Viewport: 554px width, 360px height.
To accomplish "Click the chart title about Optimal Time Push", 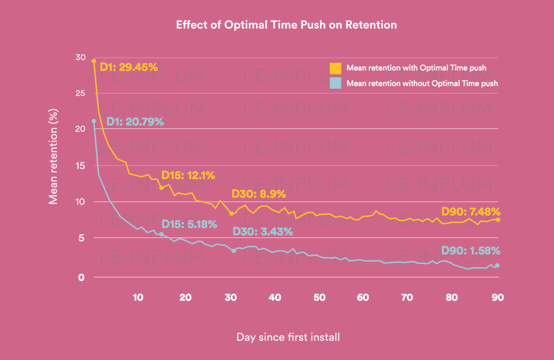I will click(x=286, y=25).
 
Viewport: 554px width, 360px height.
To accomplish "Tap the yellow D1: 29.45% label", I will click(x=129, y=67).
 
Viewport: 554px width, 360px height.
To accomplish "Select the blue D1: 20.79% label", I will click(x=135, y=122).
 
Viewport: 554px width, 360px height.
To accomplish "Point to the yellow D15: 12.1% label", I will click(x=188, y=175).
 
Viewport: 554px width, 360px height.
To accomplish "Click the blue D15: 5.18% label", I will click(x=189, y=224).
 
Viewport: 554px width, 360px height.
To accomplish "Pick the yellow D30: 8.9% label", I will click(x=258, y=194).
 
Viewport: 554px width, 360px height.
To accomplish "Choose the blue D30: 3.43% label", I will click(x=263, y=231).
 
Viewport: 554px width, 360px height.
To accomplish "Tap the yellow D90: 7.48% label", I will click(x=471, y=212).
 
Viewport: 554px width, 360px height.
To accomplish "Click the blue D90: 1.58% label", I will click(x=471, y=251).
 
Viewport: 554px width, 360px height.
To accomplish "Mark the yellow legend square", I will click(x=335, y=68).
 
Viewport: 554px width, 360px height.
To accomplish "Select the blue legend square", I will click(x=335, y=83).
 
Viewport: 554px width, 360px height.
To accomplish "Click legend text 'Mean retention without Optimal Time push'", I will click(x=422, y=83).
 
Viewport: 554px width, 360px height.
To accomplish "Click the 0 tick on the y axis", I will click(x=81, y=277).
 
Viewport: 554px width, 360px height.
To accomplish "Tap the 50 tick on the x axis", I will click(x=319, y=298).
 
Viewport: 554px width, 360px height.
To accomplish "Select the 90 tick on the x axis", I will click(x=498, y=298).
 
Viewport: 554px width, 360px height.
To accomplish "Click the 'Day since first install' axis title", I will click(x=288, y=337).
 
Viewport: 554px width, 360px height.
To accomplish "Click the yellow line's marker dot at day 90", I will click(x=498, y=220).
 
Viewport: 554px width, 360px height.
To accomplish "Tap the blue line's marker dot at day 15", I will click(x=161, y=234).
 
